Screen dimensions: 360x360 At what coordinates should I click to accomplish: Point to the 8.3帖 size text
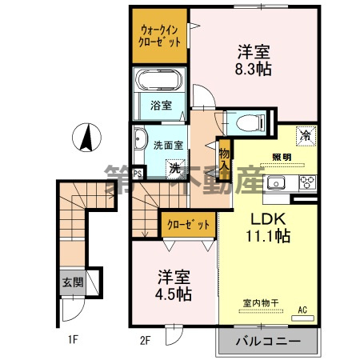[254, 70]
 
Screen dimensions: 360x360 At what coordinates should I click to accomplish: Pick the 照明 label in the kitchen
[282, 156]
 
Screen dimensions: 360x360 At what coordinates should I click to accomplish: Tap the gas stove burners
[307, 182]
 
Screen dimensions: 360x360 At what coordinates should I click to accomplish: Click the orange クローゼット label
[189, 226]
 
